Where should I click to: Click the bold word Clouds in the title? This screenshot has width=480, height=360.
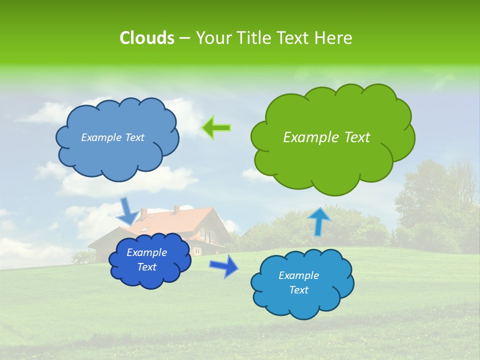point(146,38)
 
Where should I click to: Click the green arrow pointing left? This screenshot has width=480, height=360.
point(216,128)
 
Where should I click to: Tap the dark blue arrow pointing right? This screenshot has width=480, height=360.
point(224,265)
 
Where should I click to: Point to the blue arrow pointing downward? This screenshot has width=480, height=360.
point(128,211)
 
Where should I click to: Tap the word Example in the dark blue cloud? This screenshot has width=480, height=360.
point(146,252)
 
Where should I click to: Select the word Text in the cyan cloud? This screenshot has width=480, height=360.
point(298,290)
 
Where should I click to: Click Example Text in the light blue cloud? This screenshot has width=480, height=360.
point(112,137)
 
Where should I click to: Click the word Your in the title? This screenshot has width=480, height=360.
point(211,38)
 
